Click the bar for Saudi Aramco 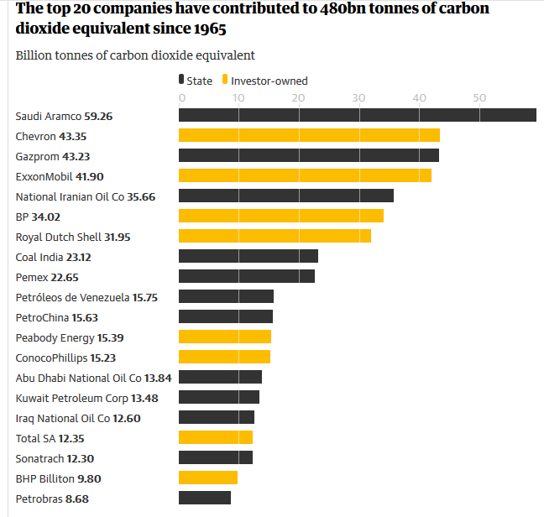click(x=357, y=115)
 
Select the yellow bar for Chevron click(x=309, y=135)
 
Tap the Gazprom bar click(x=308, y=155)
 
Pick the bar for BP click(x=280, y=216)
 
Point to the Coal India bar click(x=248, y=256)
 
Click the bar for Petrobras click(x=204, y=498)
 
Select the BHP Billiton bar click(x=207, y=478)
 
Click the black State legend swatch click(x=180, y=81)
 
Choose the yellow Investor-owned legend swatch click(x=224, y=81)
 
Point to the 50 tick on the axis click(x=479, y=98)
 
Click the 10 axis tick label click(x=238, y=98)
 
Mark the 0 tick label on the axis click(x=181, y=98)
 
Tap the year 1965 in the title click(x=208, y=29)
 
